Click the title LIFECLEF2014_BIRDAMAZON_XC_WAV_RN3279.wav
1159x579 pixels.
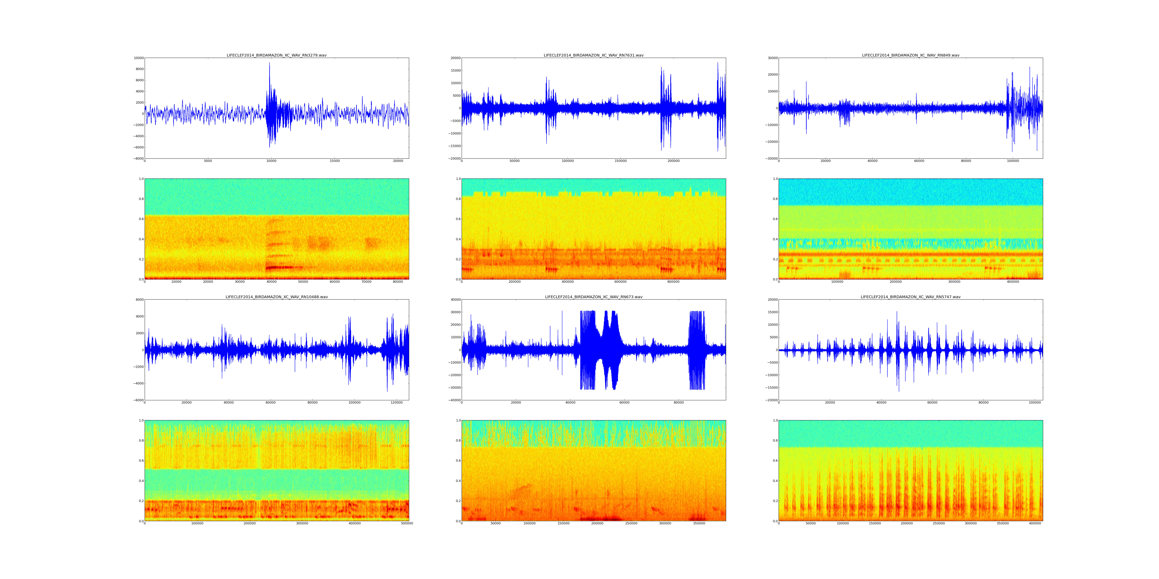point(276,55)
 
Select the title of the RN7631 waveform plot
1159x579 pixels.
point(593,55)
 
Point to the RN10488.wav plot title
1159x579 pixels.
point(276,297)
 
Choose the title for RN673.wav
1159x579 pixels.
point(593,297)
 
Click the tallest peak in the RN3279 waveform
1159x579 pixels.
point(269,63)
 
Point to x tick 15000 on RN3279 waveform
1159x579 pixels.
point(335,161)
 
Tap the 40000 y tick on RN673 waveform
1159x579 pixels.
point(455,300)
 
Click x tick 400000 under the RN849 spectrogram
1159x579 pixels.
point(1013,282)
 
